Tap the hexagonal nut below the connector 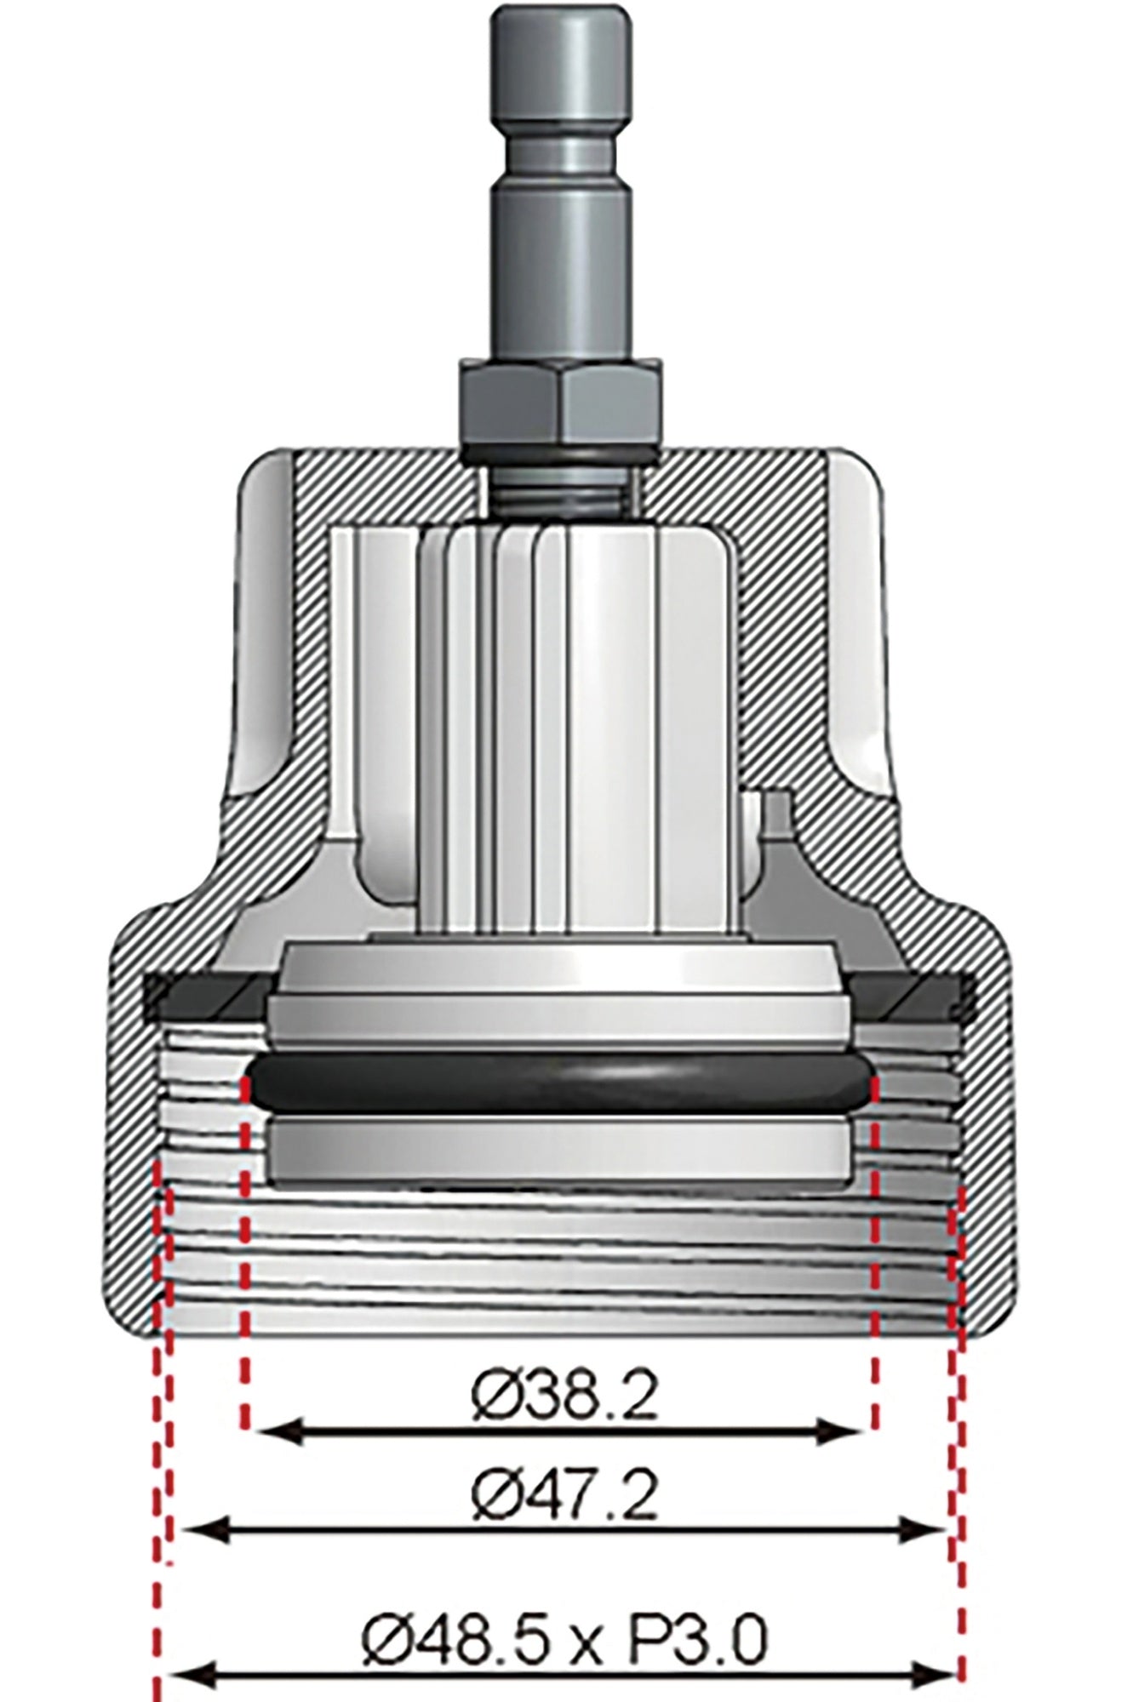point(560,399)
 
